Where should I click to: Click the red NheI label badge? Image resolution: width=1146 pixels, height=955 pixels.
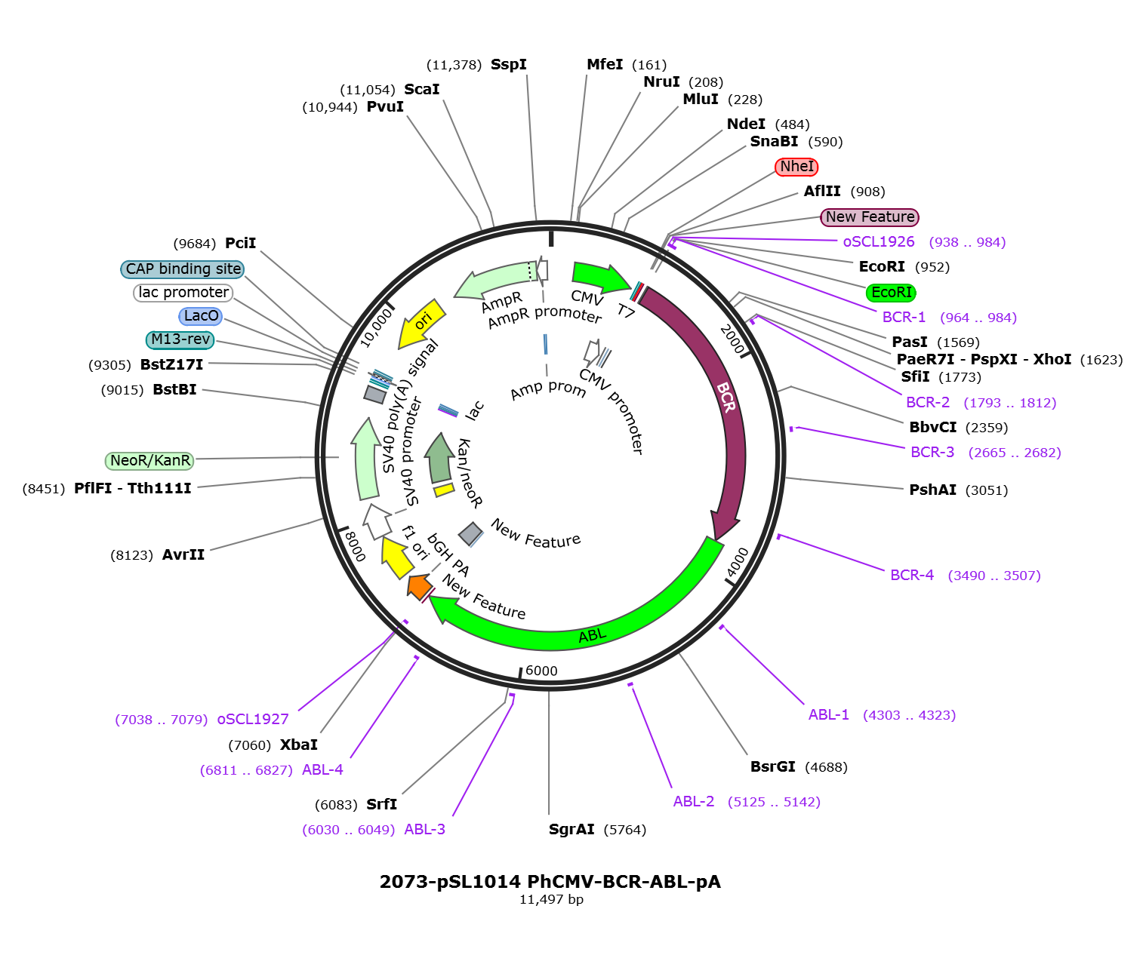796,166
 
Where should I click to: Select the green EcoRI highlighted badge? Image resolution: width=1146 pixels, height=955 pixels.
890,293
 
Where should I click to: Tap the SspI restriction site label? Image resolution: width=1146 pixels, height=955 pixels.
508,64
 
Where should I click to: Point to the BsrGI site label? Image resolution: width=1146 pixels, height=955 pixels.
772,766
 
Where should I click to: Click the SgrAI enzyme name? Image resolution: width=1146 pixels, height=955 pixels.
571,829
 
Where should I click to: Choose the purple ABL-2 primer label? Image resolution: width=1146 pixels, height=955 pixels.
693,801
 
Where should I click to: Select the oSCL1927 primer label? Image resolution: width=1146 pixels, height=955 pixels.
252,719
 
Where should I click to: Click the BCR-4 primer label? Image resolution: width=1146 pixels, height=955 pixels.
911,575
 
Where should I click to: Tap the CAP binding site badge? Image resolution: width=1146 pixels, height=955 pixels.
182,269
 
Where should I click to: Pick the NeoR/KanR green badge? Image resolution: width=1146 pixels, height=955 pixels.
149,460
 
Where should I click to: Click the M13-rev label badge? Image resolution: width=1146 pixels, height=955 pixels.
180,339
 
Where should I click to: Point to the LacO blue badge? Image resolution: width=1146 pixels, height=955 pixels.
200,316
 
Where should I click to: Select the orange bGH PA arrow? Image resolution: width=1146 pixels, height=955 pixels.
420,586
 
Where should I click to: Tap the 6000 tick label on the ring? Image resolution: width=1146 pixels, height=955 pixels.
541,671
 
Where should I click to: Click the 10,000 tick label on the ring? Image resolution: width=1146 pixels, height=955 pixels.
377,327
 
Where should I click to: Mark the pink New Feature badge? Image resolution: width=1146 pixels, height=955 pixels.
869,217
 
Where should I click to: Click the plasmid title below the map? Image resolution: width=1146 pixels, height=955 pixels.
550,882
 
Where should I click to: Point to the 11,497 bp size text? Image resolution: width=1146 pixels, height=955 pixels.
551,900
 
